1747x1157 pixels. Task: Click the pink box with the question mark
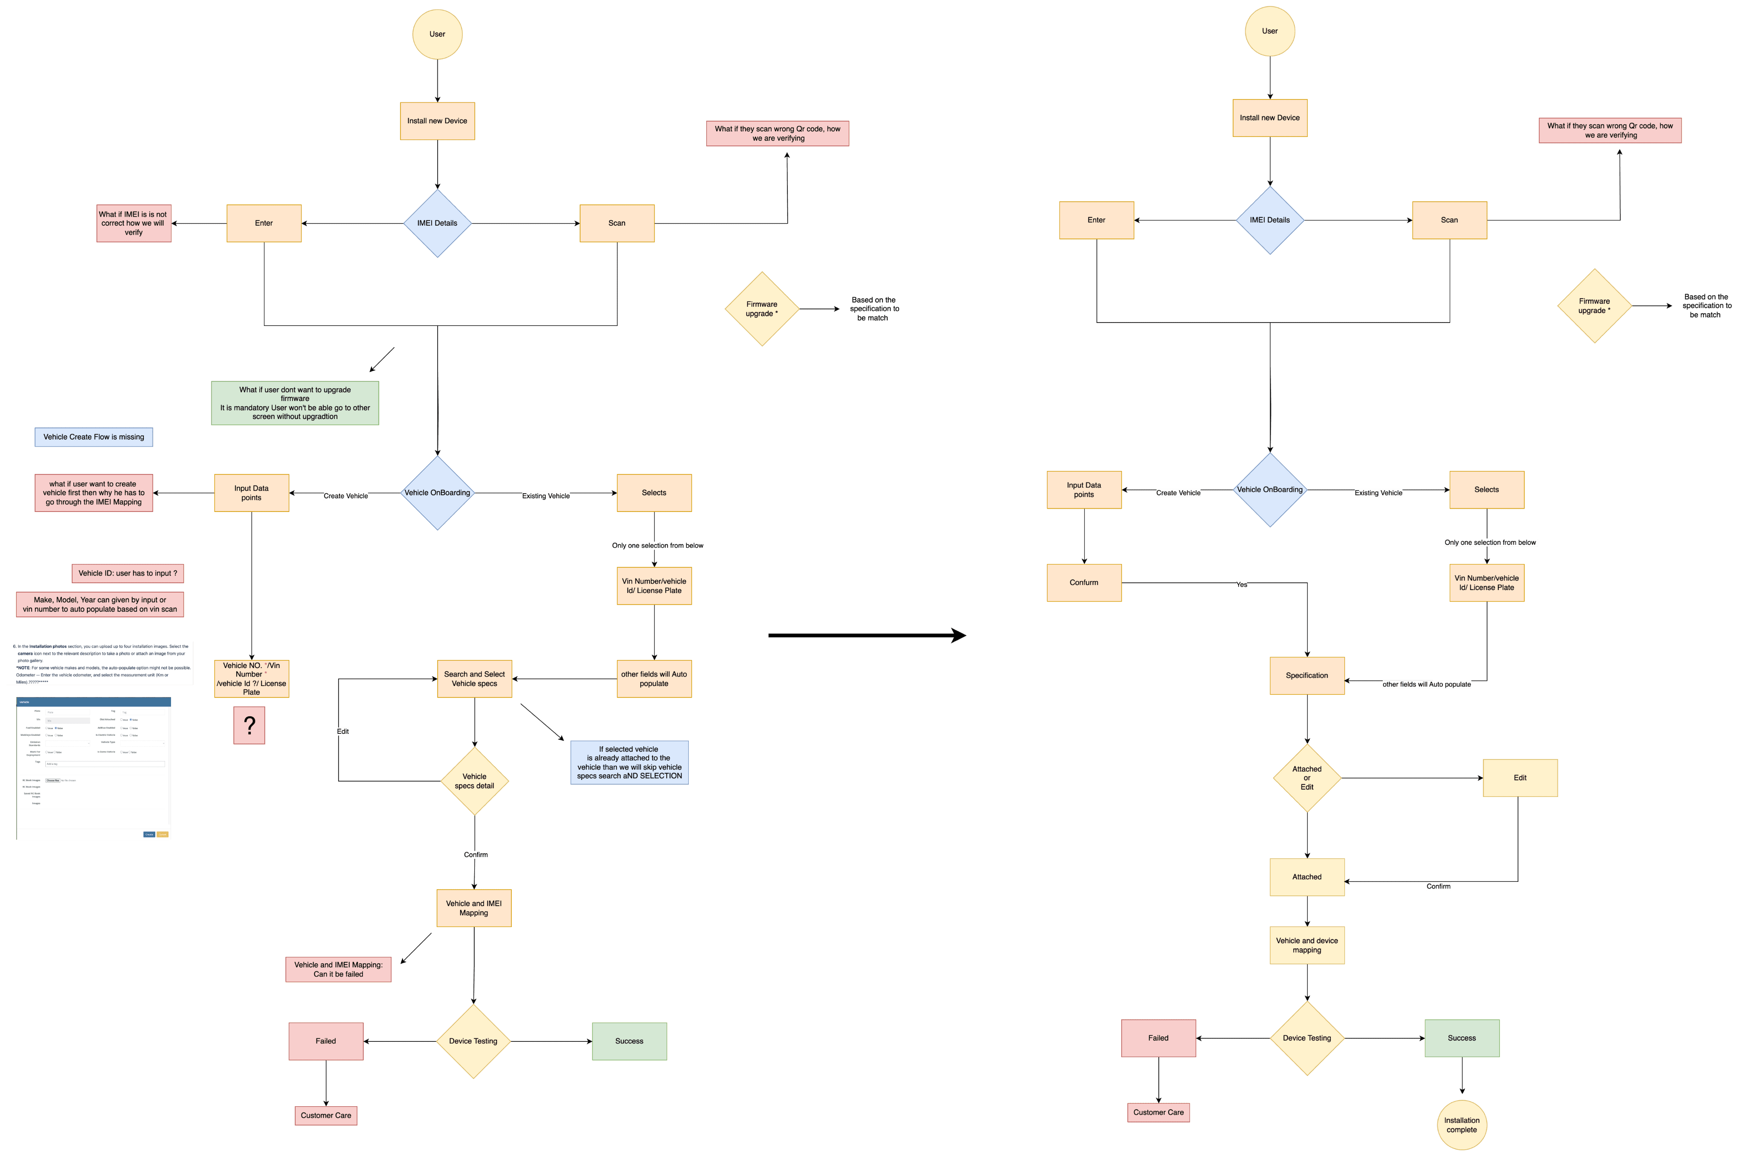click(250, 725)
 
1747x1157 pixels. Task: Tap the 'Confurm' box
click(1084, 583)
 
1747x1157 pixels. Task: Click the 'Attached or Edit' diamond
click(1306, 778)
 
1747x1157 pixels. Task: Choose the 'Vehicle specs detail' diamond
click(474, 781)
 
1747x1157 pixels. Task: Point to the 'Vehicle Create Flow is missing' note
click(94, 437)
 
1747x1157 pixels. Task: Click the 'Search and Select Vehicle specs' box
click(474, 679)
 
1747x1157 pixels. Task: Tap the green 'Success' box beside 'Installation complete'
click(1462, 1038)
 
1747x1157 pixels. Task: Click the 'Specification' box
click(1306, 675)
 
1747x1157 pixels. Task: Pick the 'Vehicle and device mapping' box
click(1306, 945)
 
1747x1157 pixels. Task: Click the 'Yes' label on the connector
click(1242, 584)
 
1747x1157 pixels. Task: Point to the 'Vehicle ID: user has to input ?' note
click(128, 573)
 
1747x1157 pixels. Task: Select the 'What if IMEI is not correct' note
click(133, 223)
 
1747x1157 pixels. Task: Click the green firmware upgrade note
click(295, 403)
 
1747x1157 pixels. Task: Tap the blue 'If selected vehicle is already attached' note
click(629, 762)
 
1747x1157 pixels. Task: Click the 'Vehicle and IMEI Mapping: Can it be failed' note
click(339, 970)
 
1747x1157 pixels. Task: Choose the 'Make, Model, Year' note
click(100, 605)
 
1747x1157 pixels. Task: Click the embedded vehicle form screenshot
click(94, 769)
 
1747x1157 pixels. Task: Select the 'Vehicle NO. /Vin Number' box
click(252, 679)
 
